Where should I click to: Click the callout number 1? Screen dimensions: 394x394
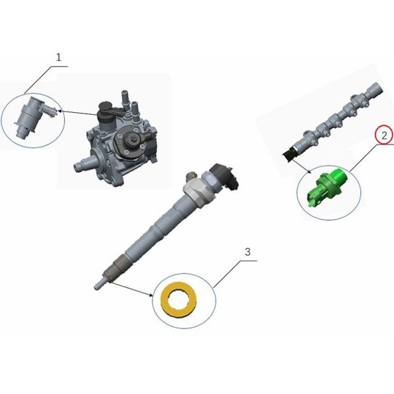(58, 57)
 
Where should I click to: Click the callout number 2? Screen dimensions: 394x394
(384, 136)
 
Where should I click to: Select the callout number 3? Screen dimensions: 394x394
(248, 252)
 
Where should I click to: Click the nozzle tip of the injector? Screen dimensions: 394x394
(98, 284)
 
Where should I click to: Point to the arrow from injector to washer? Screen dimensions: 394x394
(131, 289)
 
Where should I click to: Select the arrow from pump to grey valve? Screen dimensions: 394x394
(77, 113)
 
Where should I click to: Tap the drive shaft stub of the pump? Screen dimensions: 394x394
(81, 165)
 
